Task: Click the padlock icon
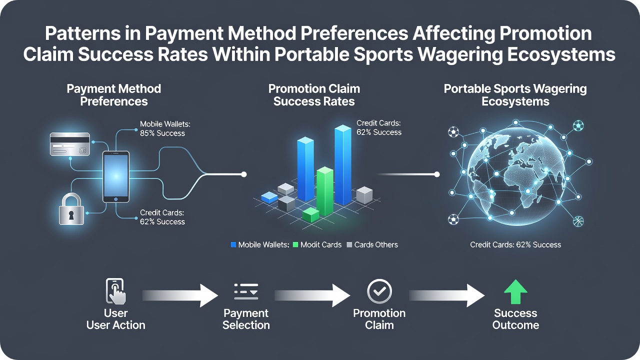(71, 209)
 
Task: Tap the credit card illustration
(69, 144)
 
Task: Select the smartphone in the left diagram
(115, 177)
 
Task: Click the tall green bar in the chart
(325, 191)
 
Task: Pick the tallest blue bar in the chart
(343, 165)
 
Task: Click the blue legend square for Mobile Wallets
(233, 245)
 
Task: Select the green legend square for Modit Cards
(295, 245)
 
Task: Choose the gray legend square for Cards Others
(349, 245)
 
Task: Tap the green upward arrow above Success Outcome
(515, 291)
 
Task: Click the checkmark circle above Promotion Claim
(379, 291)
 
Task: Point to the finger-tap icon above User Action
(115, 291)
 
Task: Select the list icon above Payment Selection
(246, 291)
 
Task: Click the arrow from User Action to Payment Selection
(180, 295)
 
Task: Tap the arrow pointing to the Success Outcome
(447, 295)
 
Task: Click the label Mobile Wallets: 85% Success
(165, 128)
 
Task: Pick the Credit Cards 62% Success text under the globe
(515, 245)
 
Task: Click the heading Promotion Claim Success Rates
(314, 95)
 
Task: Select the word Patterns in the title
(83, 33)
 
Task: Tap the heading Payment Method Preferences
(113, 95)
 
